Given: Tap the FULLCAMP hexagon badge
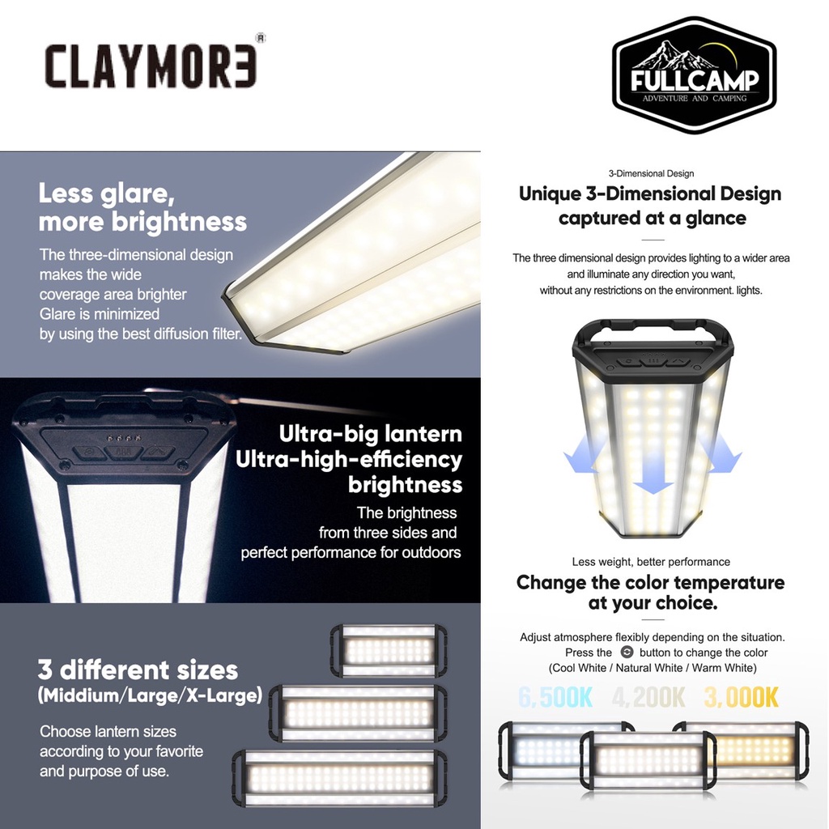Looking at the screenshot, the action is tap(694, 75).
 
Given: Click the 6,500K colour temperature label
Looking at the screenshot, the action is tap(555, 697).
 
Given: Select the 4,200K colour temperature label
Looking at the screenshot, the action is tap(648, 697).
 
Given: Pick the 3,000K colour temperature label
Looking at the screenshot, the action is tap(742, 697).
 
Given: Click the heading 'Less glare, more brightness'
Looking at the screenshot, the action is tap(142, 207).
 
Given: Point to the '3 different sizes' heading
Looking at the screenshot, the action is tap(138, 670).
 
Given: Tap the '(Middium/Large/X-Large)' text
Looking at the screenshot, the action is tap(150, 695).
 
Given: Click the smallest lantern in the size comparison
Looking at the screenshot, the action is tap(389, 651).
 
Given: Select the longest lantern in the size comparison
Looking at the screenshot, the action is tap(340, 778).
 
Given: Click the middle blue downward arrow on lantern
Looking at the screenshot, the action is tap(653, 470).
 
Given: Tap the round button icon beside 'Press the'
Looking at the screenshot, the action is tap(627, 652).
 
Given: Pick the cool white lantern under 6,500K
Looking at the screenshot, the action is tap(545, 750).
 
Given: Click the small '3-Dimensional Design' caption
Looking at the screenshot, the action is tap(652, 173).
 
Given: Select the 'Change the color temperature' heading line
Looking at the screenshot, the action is tap(650, 582).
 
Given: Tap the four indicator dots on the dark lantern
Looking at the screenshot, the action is tap(124, 438).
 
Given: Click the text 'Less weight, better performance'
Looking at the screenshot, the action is tap(651, 562).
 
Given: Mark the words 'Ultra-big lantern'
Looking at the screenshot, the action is tap(370, 434).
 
